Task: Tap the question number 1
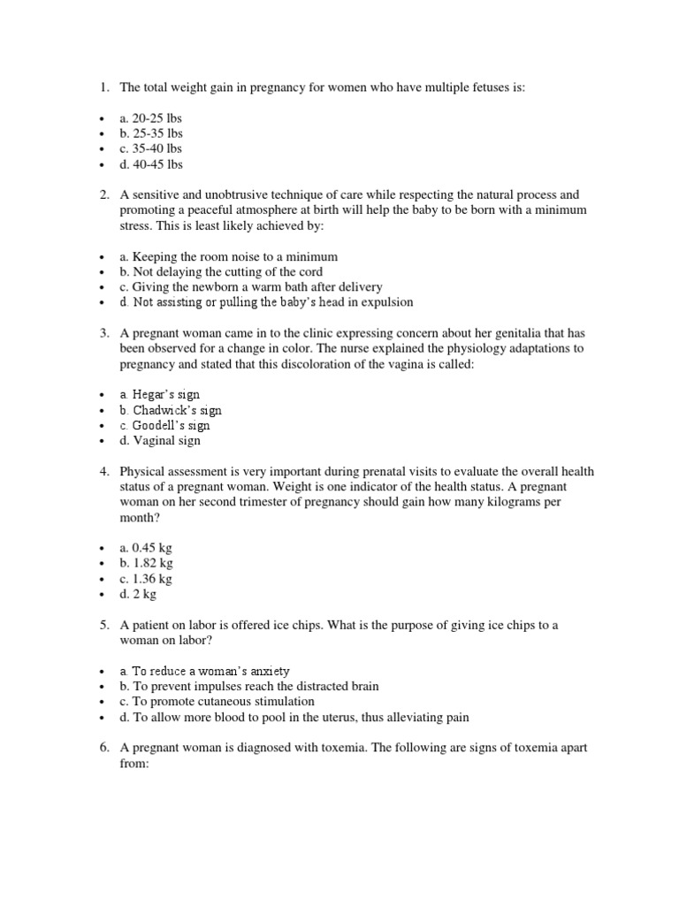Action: click(103, 87)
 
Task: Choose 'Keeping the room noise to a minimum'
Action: click(229, 257)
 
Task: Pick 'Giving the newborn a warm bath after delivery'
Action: click(251, 287)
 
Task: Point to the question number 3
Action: click(103, 333)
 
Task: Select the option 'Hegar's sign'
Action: click(159, 395)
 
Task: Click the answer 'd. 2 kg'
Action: click(140, 594)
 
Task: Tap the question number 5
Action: click(103, 625)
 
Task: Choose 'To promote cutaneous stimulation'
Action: click(217, 702)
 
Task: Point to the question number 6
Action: click(103, 748)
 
